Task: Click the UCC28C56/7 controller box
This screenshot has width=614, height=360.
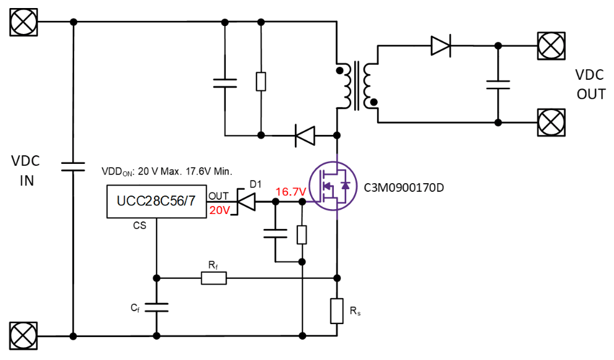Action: click(x=156, y=202)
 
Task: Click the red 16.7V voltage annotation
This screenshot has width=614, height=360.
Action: click(x=291, y=192)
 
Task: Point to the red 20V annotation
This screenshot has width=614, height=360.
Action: click(x=220, y=210)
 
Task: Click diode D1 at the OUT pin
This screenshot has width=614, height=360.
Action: click(x=247, y=202)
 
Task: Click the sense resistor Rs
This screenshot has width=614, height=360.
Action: click(x=336, y=311)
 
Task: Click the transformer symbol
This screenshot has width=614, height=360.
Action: click(x=356, y=85)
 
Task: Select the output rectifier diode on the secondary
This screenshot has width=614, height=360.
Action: click(x=441, y=45)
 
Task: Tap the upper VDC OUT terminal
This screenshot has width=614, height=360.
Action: click(x=550, y=45)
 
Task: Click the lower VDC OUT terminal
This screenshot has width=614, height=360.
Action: click(x=550, y=122)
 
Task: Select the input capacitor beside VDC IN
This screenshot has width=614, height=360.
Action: click(x=73, y=165)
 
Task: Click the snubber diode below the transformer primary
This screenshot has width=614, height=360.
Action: click(x=304, y=135)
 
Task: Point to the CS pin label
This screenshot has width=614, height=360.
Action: click(x=140, y=226)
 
